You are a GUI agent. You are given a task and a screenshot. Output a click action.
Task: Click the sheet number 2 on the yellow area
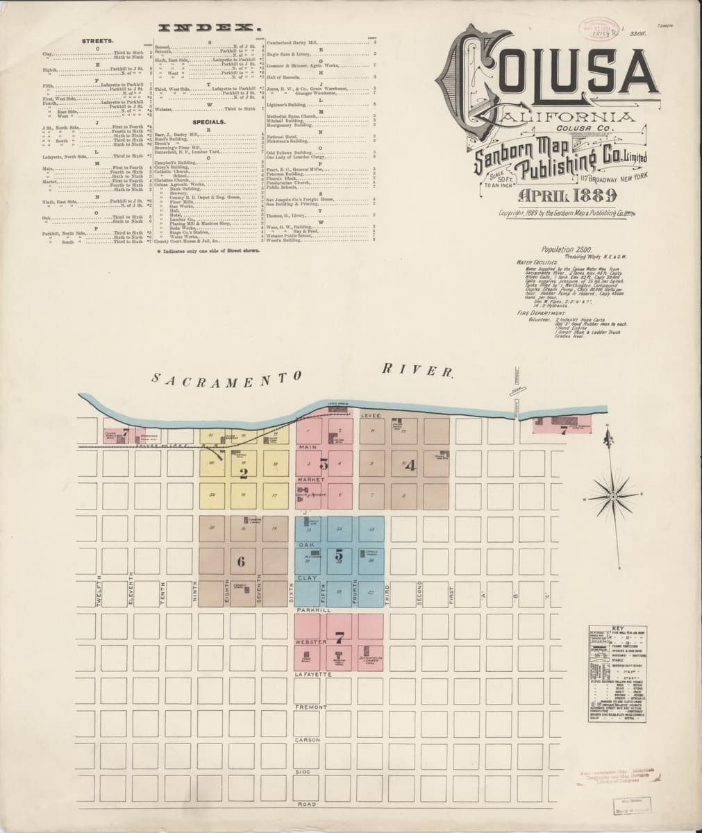click(243, 474)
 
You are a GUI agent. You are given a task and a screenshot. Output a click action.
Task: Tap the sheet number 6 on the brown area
click(240, 562)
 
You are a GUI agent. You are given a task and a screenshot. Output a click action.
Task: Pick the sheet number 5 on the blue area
click(339, 555)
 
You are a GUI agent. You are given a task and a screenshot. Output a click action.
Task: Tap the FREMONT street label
click(306, 707)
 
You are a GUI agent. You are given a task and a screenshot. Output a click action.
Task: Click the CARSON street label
click(306, 740)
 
